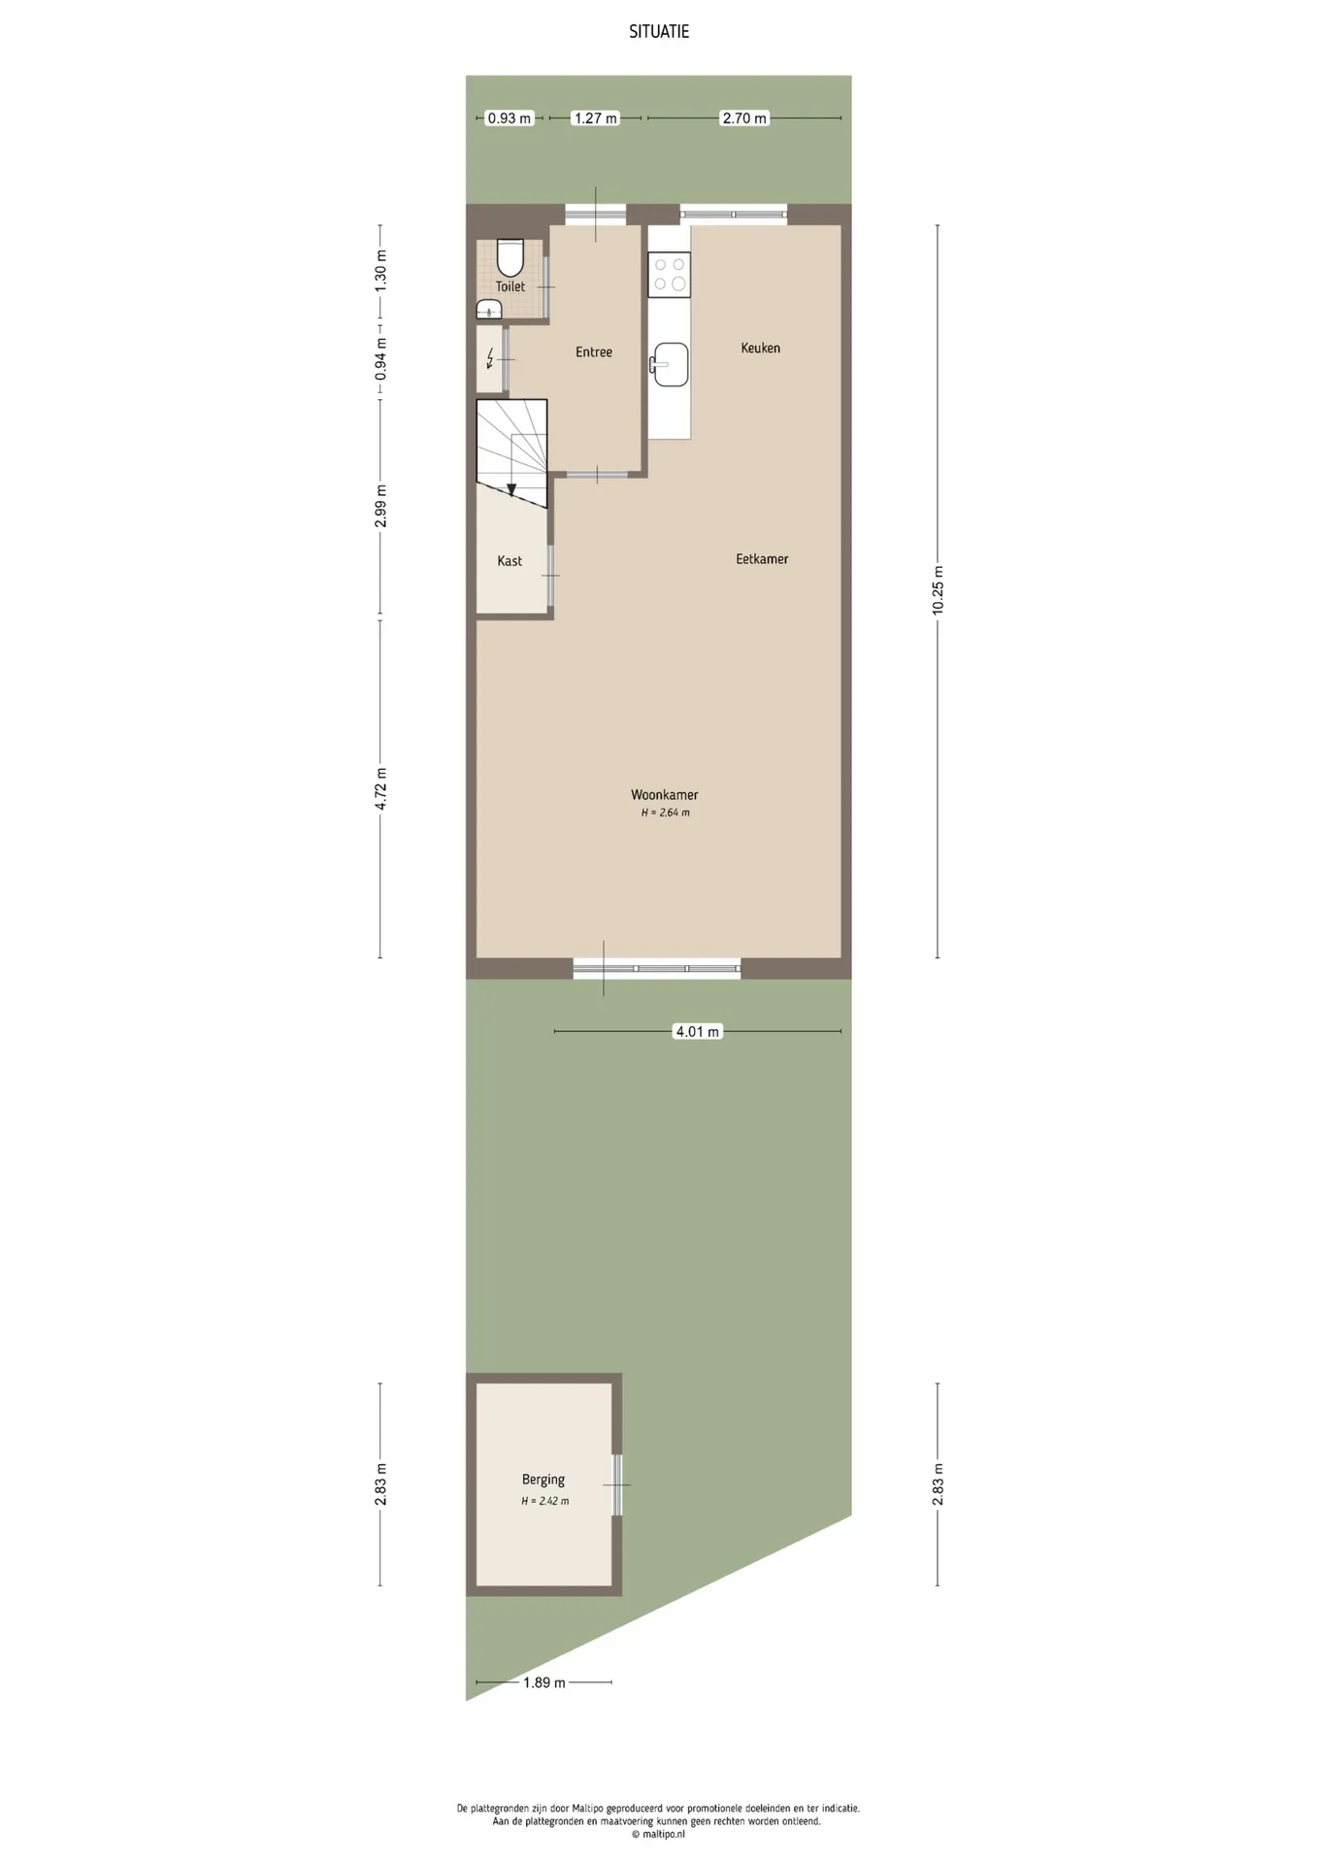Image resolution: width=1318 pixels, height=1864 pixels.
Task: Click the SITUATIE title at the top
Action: point(659,31)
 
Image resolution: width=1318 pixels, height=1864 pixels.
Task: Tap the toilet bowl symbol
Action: point(510,257)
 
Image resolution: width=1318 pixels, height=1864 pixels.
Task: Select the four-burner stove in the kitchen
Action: point(670,275)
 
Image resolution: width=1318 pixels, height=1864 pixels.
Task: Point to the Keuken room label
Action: point(760,348)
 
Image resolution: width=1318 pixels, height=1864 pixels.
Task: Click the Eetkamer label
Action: point(762,559)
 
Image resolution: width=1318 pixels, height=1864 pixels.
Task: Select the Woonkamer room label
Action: point(665,795)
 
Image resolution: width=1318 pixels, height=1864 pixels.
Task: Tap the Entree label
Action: point(594,352)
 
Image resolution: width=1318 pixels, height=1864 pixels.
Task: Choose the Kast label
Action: point(510,561)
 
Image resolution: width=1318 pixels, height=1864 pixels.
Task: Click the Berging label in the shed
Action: point(544,1480)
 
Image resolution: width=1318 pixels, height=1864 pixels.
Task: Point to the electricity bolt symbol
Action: point(490,359)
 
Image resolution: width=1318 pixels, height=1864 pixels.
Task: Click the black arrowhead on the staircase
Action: point(511,490)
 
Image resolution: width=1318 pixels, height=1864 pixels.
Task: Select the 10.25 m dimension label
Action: point(938,590)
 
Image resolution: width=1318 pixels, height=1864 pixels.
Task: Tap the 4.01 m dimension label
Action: point(698,1031)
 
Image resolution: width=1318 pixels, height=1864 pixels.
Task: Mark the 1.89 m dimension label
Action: point(544,1682)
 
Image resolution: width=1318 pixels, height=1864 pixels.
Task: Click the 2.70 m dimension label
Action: point(744,118)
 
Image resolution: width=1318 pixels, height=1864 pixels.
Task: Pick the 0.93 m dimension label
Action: point(510,118)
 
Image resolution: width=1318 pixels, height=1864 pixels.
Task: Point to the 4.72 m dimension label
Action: point(380,788)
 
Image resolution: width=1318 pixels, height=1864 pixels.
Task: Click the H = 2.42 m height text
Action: point(545,1501)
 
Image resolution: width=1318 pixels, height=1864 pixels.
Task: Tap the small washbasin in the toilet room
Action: point(488,310)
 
